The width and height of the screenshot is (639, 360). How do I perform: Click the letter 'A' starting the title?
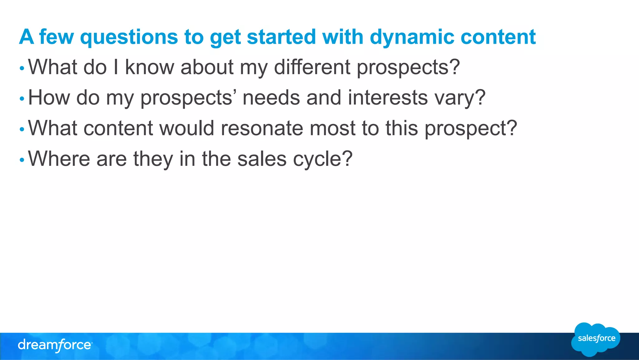point(26,37)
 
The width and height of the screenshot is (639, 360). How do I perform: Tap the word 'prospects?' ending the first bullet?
point(408,67)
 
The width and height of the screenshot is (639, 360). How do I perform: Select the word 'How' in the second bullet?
point(49,97)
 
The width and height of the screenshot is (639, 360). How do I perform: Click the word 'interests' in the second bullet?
point(388,97)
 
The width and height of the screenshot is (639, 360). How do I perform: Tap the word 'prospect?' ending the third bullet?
point(471,129)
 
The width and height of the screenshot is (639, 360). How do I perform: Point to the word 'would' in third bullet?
point(187,128)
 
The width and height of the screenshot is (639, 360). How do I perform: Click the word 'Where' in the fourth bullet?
point(59,159)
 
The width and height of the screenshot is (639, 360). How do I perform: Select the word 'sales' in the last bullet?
point(262,159)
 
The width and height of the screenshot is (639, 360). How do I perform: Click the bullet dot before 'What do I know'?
point(22,68)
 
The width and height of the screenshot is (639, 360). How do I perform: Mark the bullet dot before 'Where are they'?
point(22,160)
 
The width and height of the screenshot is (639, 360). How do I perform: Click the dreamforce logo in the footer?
point(55,345)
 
